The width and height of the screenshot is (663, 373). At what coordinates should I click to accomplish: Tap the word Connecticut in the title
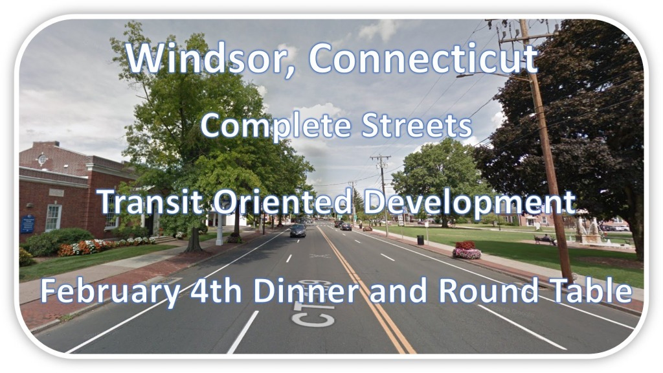click(423, 58)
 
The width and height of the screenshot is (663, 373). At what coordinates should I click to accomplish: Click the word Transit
click(151, 201)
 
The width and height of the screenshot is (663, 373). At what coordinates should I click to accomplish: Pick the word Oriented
click(283, 201)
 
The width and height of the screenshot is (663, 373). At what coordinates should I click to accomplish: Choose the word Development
click(469, 203)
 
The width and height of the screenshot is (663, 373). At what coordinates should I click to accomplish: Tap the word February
click(110, 292)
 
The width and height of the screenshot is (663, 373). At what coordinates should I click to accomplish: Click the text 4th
click(216, 291)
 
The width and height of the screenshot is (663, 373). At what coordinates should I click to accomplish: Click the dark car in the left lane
click(298, 231)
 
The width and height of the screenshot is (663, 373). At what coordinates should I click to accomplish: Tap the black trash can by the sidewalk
click(420, 240)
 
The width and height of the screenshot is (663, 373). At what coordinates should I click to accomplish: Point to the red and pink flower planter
click(466, 251)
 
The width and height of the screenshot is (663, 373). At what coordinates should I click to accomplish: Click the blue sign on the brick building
click(28, 223)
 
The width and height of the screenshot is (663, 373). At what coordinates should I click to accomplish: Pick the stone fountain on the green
click(588, 232)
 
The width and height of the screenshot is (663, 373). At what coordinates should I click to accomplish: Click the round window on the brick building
click(42, 159)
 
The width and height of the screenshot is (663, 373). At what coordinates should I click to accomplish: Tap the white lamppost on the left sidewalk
click(219, 229)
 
